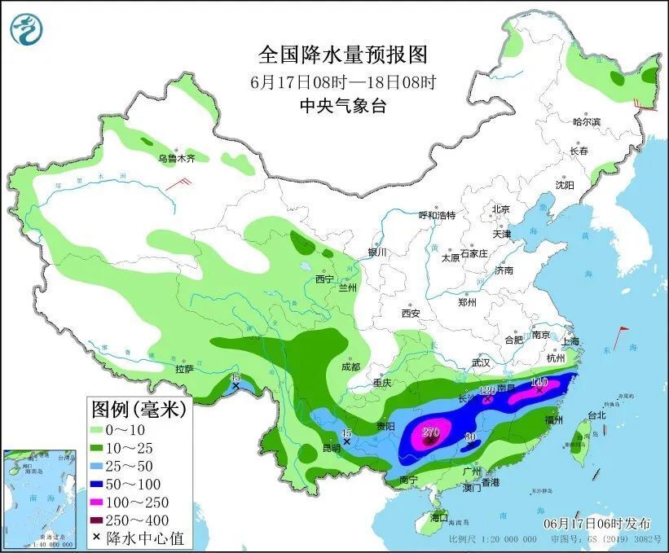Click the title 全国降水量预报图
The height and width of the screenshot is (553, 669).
pyautogui.click(x=342, y=55)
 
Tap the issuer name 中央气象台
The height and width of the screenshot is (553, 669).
pyautogui.click(x=342, y=105)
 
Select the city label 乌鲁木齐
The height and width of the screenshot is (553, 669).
pyautogui.click(x=176, y=158)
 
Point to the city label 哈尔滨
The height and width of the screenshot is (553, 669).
pyautogui.click(x=586, y=121)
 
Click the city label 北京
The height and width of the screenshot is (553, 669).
pyautogui.click(x=500, y=209)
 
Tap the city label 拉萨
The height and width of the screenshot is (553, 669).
pyautogui.click(x=183, y=369)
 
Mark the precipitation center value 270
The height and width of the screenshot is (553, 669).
pyautogui.click(x=431, y=432)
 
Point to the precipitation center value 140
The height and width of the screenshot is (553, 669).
pyautogui.click(x=539, y=381)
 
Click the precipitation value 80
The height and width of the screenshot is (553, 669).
pyautogui.click(x=469, y=437)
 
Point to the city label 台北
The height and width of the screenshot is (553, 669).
pyautogui.click(x=596, y=415)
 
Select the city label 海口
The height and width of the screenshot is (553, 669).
pyautogui.click(x=439, y=518)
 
